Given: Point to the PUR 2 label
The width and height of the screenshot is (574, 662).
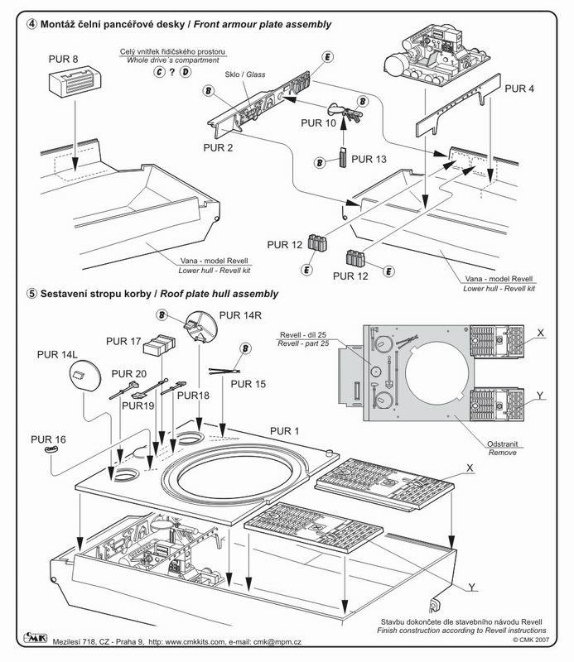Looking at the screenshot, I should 217,147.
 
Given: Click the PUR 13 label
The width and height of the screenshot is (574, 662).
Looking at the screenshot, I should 369,159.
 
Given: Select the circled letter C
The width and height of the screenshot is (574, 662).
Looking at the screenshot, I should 158,73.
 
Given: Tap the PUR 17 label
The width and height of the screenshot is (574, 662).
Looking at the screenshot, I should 123,340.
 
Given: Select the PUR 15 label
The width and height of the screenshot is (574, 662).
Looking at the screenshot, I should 249,384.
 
